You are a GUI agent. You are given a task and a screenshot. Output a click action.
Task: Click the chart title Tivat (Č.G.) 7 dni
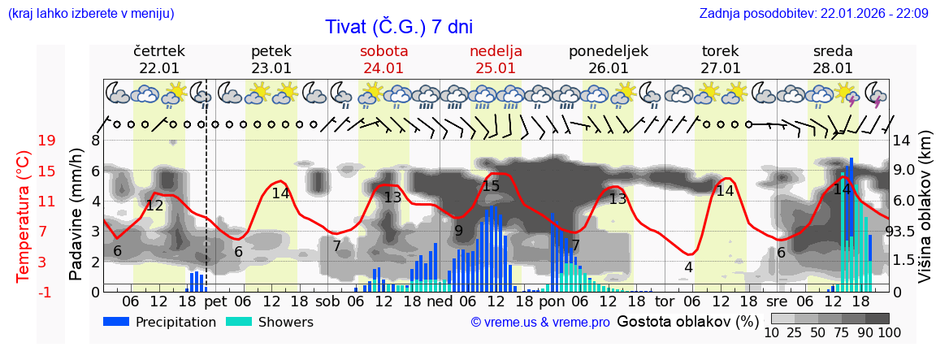pyautogui.click(x=398, y=27)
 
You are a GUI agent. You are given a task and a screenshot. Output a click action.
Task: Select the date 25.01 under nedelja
pyautogui.click(x=496, y=68)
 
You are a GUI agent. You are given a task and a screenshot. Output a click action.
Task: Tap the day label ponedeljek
pyautogui.click(x=609, y=51)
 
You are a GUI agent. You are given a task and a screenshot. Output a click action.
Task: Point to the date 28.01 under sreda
pyautogui.click(x=833, y=68)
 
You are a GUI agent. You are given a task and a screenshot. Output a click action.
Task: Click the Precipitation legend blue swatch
pyautogui.click(x=117, y=322)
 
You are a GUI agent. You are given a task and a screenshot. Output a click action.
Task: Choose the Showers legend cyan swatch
pyautogui.click(x=239, y=322)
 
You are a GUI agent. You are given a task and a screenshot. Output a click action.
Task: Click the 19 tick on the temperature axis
pyautogui.click(x=47, y=141)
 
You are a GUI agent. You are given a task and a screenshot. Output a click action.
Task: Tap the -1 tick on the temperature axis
pyautogui.click(x=47, y=292)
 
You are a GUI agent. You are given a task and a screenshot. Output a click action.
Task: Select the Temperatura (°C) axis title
pyautogui.click(x=23, y=216)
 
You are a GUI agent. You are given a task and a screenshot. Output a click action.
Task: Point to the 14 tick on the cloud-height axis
pyautogui.click(x=903, y=141)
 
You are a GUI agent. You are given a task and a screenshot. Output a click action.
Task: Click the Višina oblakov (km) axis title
pyautogui.click(x=925, y=216)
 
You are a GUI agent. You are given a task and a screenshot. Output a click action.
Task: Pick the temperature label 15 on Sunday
pyautogui.click(x=491, y=186)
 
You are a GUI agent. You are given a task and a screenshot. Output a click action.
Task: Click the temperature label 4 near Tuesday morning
pyautogui.click(x=688, y=267)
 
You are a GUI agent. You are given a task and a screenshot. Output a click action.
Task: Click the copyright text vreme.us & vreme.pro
pyautogui.click(x=540, y=322)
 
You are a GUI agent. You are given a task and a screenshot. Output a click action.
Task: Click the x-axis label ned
pyautogui.click(x=440, y=301)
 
